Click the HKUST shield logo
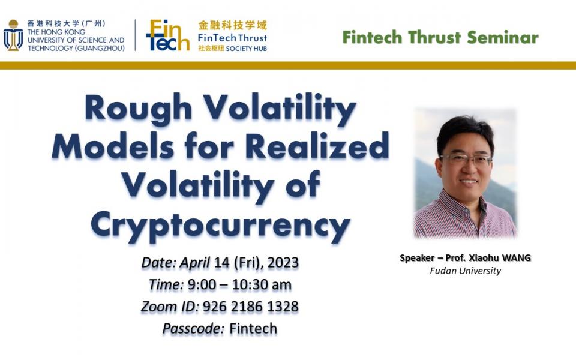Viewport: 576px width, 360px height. (13, 35)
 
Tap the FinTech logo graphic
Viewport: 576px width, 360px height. (167, 35)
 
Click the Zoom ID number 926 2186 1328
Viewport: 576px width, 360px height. (250, 307)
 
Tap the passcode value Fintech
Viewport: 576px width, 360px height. (253, 328)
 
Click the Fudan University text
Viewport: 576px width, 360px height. (465, 271)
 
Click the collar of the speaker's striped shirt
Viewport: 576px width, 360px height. (456, 201)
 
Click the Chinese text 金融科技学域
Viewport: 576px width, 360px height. (232, 25)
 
